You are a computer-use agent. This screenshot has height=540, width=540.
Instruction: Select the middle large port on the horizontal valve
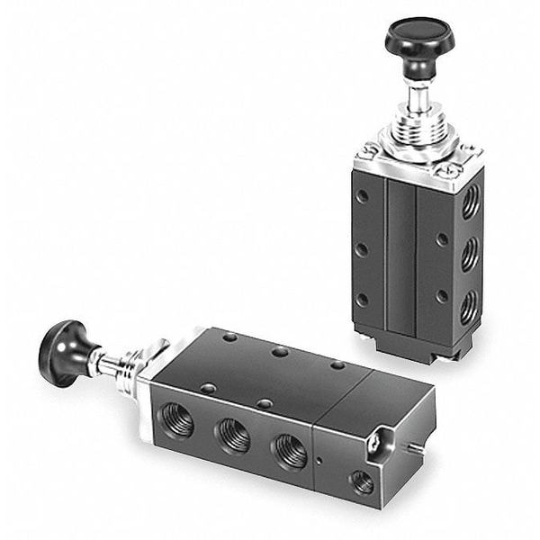point(232,435)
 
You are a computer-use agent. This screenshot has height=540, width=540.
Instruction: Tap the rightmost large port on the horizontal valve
point(289,450)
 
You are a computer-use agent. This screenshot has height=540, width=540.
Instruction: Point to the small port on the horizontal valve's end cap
point(362,483)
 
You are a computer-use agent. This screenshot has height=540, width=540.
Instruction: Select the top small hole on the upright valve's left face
point(361,195)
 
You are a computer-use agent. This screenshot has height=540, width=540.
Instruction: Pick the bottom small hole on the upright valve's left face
point(361,300)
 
